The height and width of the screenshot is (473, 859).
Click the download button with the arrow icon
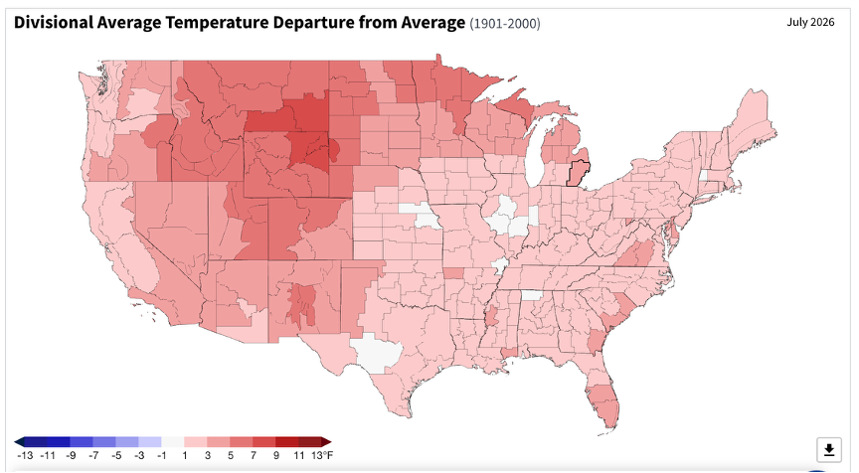click(x=829, y=450)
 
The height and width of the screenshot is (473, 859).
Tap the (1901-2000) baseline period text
click(x=504, y=24)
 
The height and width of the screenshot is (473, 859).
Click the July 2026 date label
click(x=811, y=22)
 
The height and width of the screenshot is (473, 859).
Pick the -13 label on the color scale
click(x=25, y=455)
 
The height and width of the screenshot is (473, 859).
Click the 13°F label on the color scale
click(x=322, y=455)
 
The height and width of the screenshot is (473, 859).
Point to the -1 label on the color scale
click(x=162, y=455)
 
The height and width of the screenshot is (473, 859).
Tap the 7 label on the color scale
click(x=254, y=455)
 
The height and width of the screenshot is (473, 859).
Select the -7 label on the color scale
click(x=93, y=455)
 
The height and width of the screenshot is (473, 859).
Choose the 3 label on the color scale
click(x=208, y=455)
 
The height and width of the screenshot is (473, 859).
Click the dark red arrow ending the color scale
click(x=326, y=442)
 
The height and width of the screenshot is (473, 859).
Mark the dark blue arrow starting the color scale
click(x=19, y=442)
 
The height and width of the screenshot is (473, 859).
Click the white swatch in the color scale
click(x=173, y=442)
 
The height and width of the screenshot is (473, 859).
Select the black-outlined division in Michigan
click(x=576, y=174)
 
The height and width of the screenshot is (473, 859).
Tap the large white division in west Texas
click(x=377, y=353)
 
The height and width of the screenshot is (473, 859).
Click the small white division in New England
click(x=704, y=176)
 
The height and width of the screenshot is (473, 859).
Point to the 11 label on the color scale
click(x=298, y=455)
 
